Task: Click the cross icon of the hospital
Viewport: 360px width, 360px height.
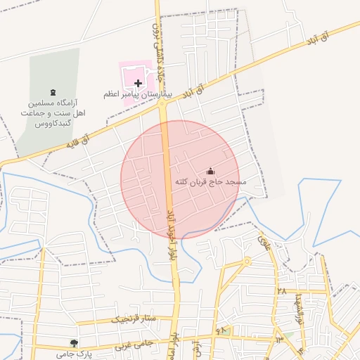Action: pos(138,83)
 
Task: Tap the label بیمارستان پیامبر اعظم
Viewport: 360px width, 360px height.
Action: pos(139,94)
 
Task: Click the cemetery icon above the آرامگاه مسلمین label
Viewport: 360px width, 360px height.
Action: pos(53,91)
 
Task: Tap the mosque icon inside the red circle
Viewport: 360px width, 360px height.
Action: pos(210,171)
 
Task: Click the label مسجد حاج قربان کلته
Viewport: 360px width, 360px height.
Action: pos(211,182)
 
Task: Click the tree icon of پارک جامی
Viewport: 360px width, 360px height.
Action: pos(74,342)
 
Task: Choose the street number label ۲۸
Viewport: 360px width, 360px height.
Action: pos(282,290)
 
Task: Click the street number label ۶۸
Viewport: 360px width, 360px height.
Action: pos(222,329)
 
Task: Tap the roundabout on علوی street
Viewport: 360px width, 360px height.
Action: pos(247,261)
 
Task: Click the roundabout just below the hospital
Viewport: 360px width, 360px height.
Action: pos(163,104)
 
